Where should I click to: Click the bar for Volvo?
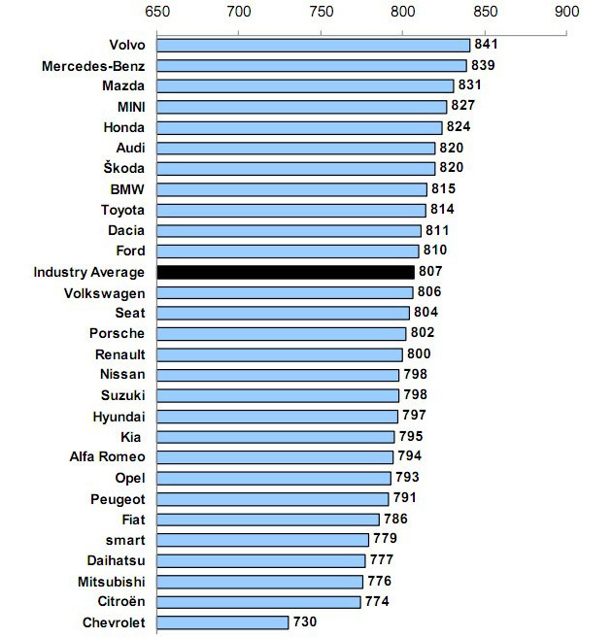(312, 45)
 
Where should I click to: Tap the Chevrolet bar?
(222, 622)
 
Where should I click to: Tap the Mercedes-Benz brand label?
(93, 65)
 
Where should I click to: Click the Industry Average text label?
(88, 272)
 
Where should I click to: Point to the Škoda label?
(123, 168)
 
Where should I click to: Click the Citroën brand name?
(120, 602)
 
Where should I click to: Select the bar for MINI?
(301, 106)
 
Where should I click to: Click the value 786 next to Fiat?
(395, 520)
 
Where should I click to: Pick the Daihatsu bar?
(260, 560)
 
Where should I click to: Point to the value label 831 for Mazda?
(469, 85)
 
